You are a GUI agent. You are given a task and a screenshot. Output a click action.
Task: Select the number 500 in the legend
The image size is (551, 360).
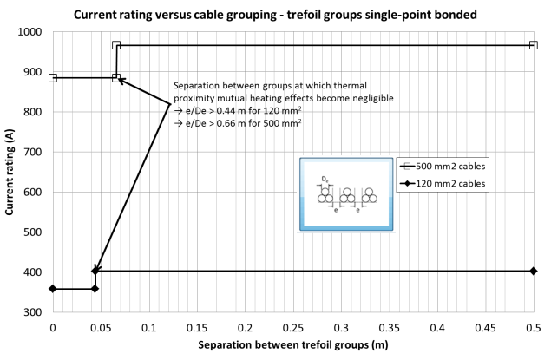coord(423,166)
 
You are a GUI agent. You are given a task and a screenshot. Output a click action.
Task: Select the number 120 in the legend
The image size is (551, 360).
coord(423,184)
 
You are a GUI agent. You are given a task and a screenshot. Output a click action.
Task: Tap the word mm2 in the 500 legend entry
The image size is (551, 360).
coord(444,166)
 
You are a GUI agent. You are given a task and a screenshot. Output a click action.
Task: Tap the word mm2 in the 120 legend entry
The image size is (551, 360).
coord(444,184)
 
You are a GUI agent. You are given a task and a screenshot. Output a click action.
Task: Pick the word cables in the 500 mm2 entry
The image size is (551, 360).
coord(472,166)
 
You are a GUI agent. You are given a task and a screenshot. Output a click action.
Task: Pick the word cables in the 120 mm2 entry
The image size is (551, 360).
coord(472,184)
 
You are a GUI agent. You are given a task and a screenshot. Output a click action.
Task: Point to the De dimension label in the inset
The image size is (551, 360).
coord(325,180)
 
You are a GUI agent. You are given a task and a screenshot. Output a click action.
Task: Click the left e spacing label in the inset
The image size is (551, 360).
coord(336,211)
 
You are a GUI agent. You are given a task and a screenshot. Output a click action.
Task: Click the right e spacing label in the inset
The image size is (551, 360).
coord(358,211)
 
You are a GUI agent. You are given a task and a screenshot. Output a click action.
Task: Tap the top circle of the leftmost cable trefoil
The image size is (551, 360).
coord(325,192)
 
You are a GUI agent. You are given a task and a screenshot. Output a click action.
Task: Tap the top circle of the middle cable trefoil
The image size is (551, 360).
coord(347,192)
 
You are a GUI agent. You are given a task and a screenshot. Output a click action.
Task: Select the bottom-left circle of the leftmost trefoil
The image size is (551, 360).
coord(322,199)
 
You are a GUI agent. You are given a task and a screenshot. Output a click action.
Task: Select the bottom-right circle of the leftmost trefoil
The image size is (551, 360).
coord(329,199)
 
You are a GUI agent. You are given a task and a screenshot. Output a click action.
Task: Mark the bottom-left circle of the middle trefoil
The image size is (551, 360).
coord(344,199)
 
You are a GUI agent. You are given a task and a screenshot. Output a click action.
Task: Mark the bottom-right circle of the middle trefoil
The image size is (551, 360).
coord(351,199)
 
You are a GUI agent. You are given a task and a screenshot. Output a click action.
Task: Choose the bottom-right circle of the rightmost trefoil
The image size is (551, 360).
coord(373,199)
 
